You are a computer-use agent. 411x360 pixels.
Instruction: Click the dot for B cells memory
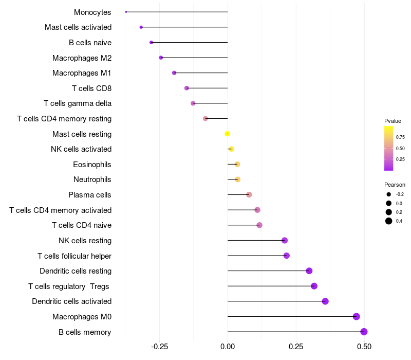[364, 332]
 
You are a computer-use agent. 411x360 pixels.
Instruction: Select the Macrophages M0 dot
[357, 317]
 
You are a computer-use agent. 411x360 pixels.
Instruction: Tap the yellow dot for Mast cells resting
[227, 134]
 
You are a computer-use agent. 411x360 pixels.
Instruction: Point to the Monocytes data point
[126, 12]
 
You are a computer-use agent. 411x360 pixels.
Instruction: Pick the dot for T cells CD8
[186, 88]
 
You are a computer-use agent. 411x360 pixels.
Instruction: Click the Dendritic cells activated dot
[325, 301]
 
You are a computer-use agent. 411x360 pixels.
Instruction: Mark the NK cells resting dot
[285, 241]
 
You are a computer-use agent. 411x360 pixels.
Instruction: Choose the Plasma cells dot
[249, 195]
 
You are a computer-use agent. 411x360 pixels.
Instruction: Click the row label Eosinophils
[92, 165]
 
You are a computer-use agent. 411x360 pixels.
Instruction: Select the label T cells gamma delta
[78, 103]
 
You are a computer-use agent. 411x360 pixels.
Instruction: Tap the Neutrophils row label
[92, 179]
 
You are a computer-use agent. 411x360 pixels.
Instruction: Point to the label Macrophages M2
[82, 58]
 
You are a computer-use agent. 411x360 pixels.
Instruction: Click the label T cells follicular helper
[74, 256]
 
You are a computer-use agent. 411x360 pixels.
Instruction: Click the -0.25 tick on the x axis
[159, 347]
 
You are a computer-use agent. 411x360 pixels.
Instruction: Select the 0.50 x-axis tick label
[364, 347]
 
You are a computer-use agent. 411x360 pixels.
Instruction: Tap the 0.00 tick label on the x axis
[228, 347]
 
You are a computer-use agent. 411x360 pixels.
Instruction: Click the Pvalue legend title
[393, 121]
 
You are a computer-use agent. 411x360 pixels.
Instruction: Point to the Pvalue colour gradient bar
[389, 148]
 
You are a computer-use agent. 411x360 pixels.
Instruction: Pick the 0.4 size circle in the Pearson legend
[389, 221]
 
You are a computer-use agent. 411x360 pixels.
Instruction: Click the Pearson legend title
[395, 185]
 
